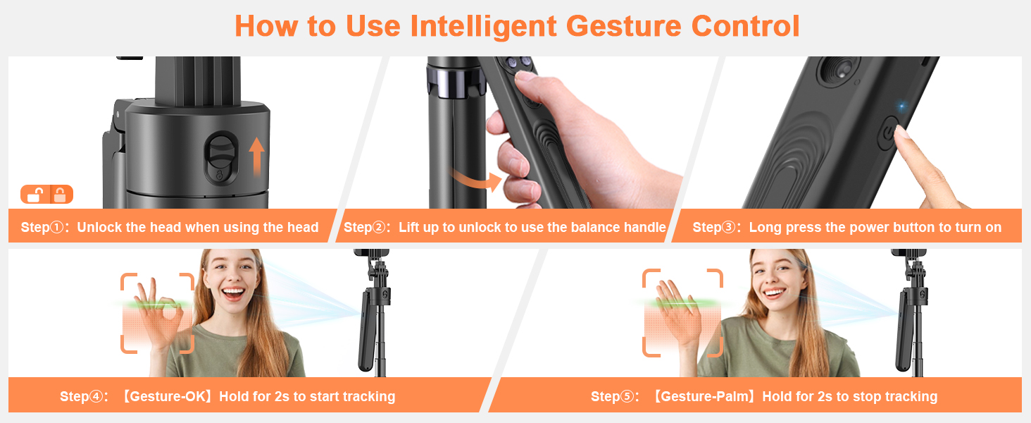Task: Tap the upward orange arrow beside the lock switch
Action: (x=257, y=157)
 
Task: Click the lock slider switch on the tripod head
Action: (x=219, y=157)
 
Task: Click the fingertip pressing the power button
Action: (x=904, y=134)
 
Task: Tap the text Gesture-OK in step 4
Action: (x=168, y=397)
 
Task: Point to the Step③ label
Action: (x=716, y=228)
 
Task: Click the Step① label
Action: (x=44, y=228)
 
